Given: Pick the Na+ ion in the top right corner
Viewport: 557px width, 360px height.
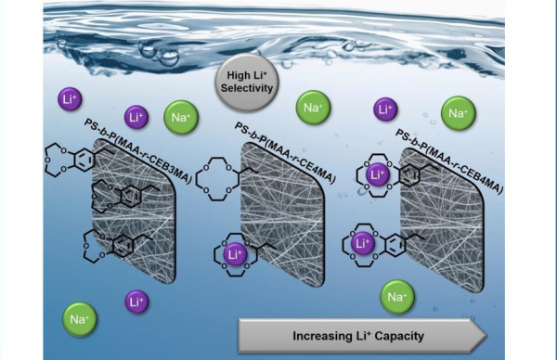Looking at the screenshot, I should click(x=457, y=113).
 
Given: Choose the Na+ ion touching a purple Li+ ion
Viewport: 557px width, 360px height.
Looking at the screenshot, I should click(x=180, y=118).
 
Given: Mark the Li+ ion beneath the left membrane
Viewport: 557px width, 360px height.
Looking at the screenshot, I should click(x=136, y=302).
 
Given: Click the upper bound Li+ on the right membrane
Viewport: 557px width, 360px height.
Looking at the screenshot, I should click(x=379, y=174).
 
